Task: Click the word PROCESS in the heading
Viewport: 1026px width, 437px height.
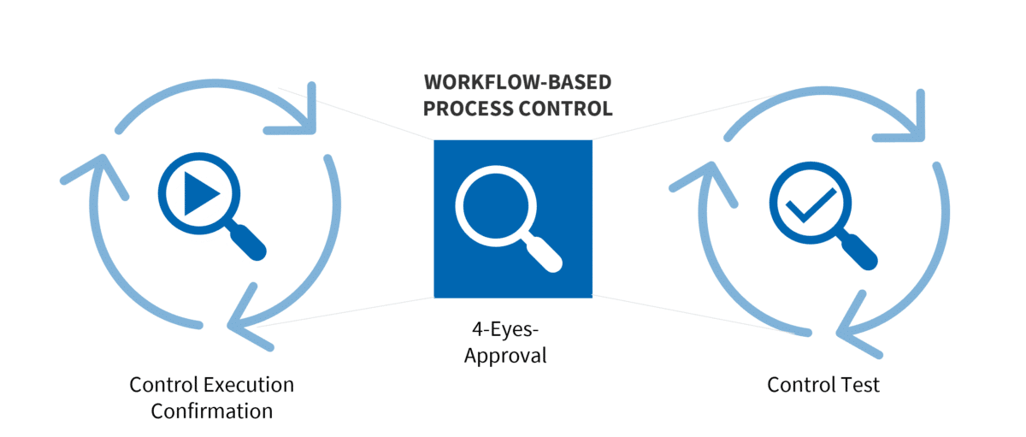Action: pos(469,109)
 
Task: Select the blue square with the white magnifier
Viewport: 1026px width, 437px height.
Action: pos(513,219)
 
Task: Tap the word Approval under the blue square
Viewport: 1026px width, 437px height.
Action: pos(505,354)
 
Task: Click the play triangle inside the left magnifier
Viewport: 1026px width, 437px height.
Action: pos(200,195)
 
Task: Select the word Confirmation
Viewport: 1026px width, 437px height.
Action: pos(212,410)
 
